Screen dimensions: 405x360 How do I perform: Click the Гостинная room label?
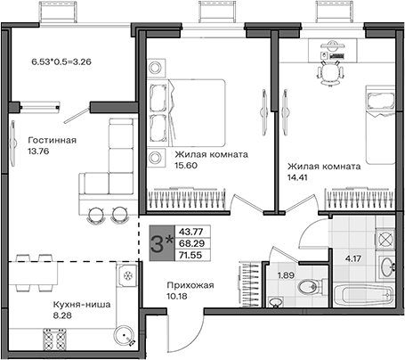pos(53,140)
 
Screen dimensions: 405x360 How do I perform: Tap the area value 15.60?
pos(186,166)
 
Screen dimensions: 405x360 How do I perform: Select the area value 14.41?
pos(297,177)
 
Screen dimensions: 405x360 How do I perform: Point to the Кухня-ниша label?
pos(82,305)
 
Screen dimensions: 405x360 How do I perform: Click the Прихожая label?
pos(190,285)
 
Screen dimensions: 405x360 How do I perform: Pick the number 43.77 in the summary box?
pos(190,231)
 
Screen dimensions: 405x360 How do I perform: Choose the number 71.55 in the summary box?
pos(190,255)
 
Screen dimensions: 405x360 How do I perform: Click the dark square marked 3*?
pos(162,243)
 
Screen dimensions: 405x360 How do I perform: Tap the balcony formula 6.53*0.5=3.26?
pos(61,61)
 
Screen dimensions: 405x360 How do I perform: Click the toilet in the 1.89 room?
pos(309,287)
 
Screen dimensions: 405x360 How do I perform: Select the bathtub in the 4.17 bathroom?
pos(364,296)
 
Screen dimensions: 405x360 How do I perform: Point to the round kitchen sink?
pos(124,336)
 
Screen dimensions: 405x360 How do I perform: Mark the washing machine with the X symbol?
pos(385,240)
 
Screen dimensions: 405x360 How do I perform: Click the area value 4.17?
pos(353,258)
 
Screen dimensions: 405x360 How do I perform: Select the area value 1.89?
pos(286,275)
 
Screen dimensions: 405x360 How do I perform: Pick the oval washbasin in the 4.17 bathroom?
pos(387,266)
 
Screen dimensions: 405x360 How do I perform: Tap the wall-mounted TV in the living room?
pos(12,143)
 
